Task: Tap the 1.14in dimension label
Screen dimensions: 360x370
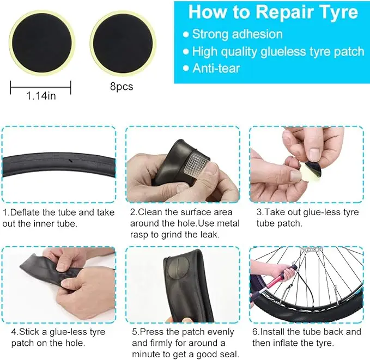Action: (x=41, y=96)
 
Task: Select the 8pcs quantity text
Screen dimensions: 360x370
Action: (x=122, y=86)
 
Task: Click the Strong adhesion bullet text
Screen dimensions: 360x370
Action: (x=237, y=34)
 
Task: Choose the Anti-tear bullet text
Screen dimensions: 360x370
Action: (x=216, y=69)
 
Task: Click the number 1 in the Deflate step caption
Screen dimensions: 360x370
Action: (x=5, y=212)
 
